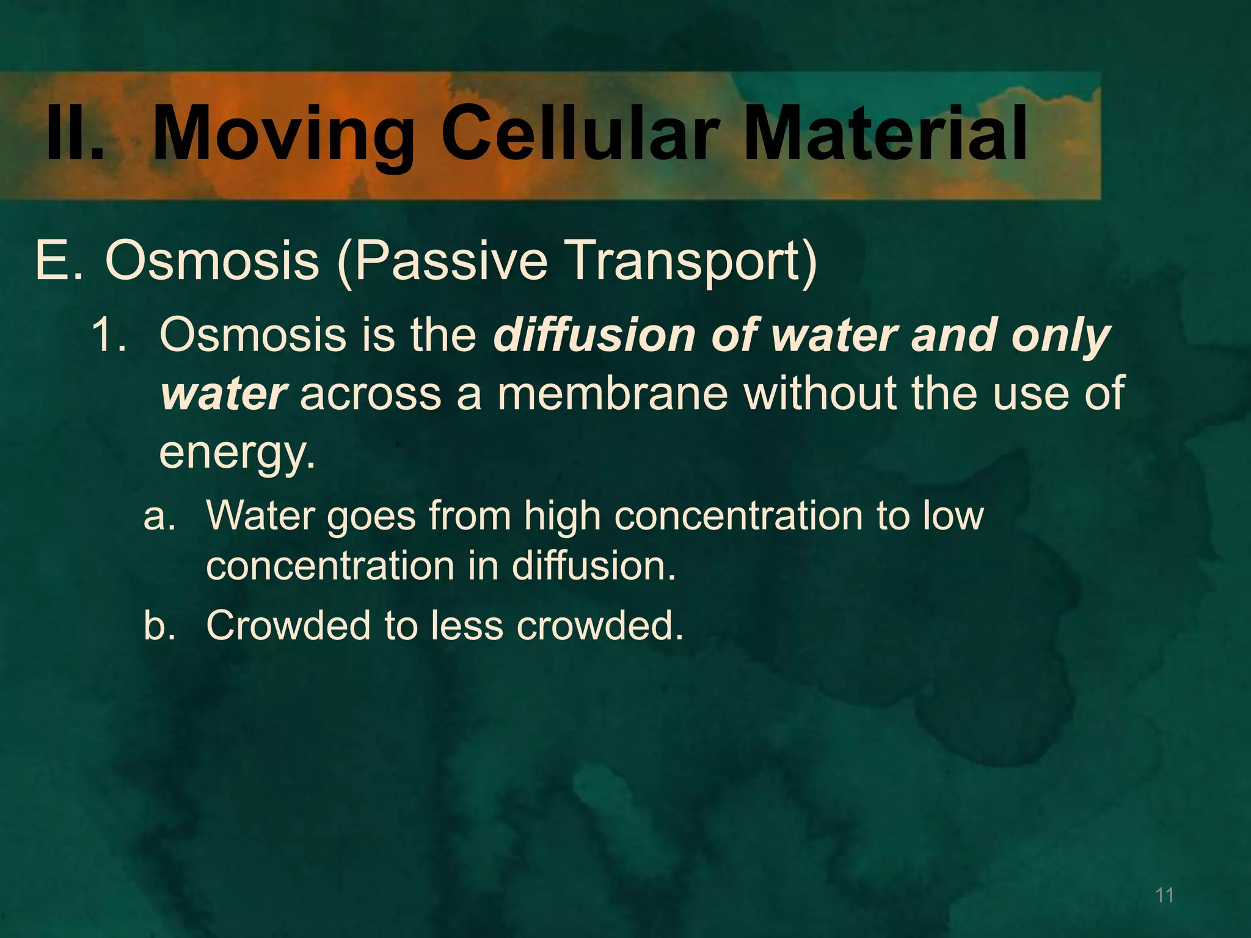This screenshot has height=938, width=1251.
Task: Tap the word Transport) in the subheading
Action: (x=690, y=261)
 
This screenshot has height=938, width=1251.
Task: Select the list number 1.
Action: (x=109, y=335)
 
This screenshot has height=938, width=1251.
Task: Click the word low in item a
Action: (x=953, y=516)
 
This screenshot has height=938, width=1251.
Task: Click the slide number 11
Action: (x=1164, y=895)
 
